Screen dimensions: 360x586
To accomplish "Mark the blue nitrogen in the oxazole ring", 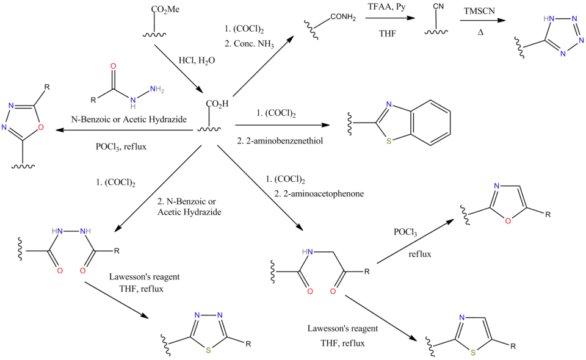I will point(497,185).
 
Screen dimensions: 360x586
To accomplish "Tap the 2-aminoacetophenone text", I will point(322,194).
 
